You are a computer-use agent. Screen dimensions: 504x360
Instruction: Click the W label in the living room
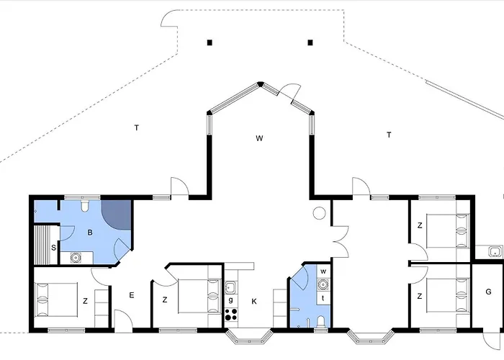tap(259, 138)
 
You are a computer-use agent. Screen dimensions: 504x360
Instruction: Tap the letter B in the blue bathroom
tap(90, 233)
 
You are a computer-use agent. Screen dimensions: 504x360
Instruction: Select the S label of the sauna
tap(54, 248)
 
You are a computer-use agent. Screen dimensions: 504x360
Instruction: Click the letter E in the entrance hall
tap(132, 295)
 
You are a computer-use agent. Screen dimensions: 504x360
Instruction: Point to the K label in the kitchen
tap(254, 302)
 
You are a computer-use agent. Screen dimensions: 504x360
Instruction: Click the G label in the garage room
tap(488, 292)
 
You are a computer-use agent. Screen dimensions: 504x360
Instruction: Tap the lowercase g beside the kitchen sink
tap(230, 300)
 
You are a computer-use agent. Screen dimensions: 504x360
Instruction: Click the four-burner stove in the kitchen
tap(231, 315)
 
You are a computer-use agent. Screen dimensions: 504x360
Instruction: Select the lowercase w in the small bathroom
tap(323, 271)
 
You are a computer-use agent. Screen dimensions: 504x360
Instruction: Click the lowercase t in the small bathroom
tap(323, 298)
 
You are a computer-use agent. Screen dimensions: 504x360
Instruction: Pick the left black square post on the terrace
tap(210, 42)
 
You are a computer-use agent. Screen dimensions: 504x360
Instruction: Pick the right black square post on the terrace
tap(310, 42)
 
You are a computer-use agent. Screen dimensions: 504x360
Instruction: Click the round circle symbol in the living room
tap(319, 213)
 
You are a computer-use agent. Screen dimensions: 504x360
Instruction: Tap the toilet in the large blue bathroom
tap(85, 205)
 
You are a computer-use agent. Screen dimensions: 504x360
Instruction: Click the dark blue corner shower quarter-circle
tap(117, 215)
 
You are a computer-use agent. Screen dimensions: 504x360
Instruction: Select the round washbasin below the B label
tap(76, 258)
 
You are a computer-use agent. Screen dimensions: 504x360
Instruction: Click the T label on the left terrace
tap(137, 128)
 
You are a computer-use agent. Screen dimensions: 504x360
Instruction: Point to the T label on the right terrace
tap(389, 135)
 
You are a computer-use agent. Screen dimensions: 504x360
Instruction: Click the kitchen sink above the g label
tap(230, 287)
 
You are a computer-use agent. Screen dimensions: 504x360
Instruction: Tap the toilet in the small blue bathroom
tap(321, 321)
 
